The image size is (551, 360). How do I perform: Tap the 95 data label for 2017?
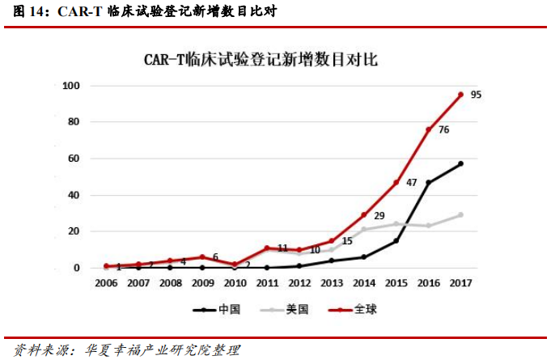[x=476, y=95]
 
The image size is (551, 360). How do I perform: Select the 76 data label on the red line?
[x=443, y=129]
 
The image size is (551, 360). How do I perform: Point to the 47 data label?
[x=411, y=183]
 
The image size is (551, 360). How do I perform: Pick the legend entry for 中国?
[x=217, y=309]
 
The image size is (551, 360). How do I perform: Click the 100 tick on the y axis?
[x=71, y=86]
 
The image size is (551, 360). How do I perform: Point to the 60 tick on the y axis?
[x=74, y=159]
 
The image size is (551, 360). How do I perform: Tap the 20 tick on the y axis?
[x=74, y=231]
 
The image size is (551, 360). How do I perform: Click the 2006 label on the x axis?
[x=106, y=283]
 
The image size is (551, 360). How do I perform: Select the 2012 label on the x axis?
[x=299, y=283]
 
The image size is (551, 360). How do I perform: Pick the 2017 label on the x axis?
[x=460, y=283]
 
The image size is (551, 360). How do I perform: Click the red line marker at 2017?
[x=460, y=95]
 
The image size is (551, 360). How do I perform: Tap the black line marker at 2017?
[x=460, y=163]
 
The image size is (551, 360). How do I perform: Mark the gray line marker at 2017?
[x=460, y=214]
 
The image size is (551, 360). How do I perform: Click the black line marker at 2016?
[x=428, y=182]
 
